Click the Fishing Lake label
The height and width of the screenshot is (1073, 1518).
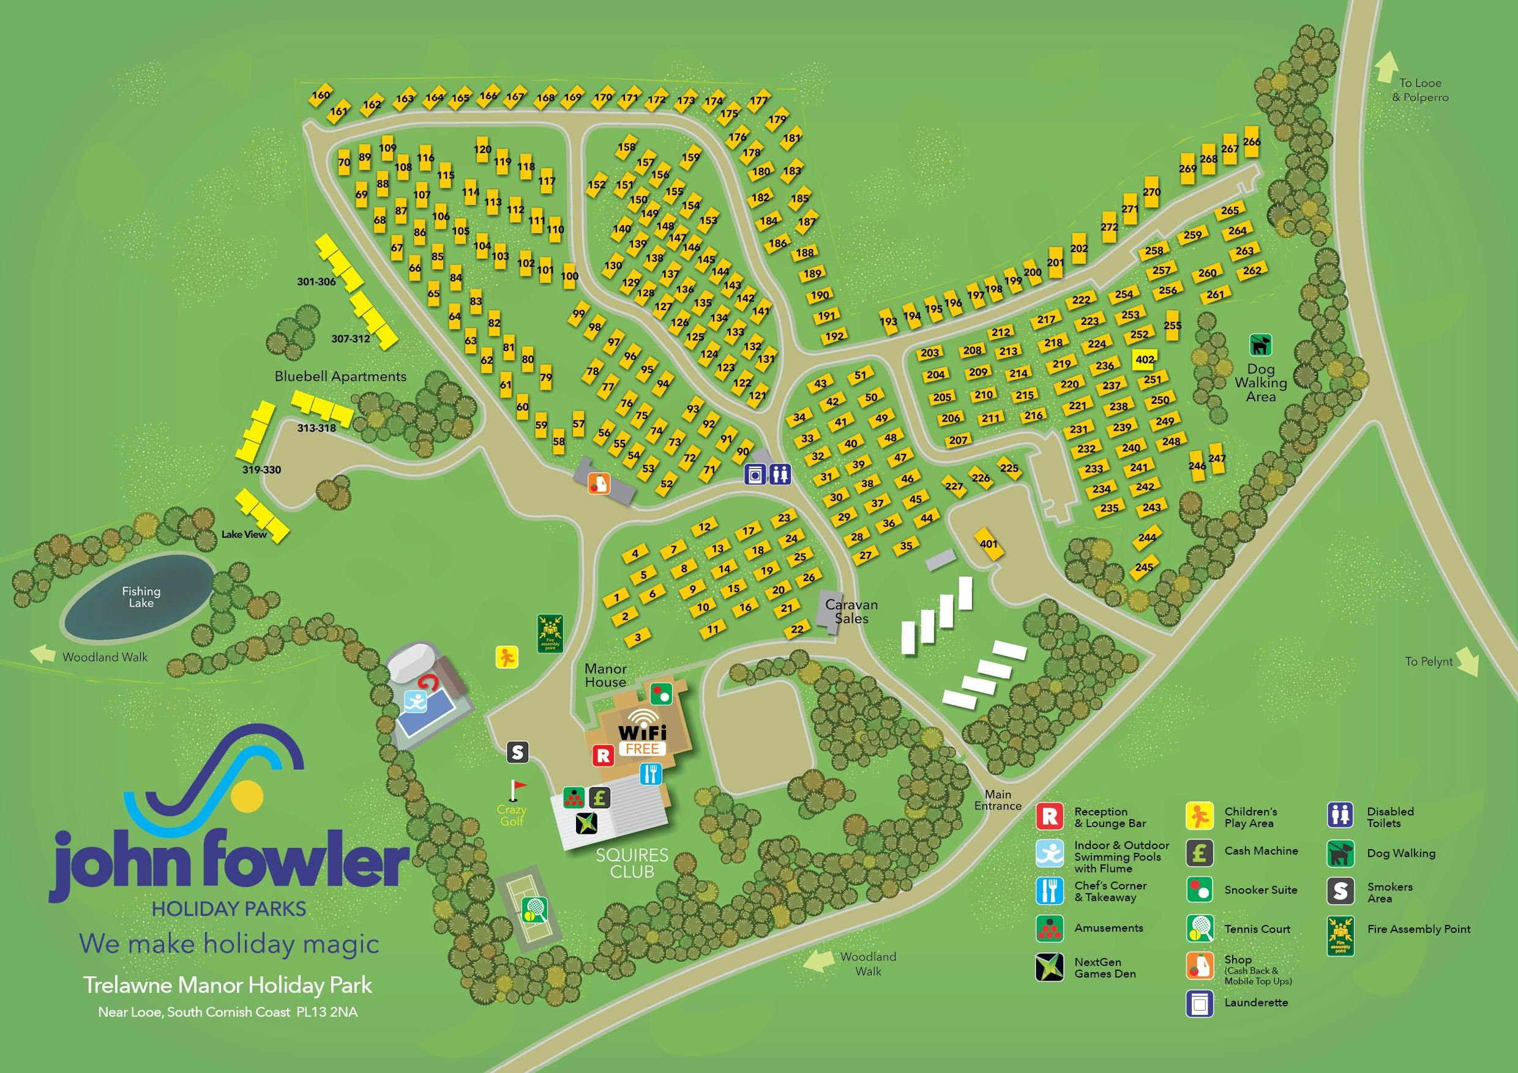(x=141, y=597)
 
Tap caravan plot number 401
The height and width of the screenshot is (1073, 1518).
(x=989, y=544)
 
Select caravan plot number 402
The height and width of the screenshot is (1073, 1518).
(x=1145, y=360)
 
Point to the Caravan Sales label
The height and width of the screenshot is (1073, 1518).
(x=851, y=612)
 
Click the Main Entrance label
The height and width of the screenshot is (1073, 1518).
(x=998, y=800)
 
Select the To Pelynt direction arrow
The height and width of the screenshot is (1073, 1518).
(x=1467, y=667)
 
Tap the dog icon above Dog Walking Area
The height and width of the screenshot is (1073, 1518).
(x=1260, y=345)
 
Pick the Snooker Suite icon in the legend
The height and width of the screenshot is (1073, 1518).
(x=1198, y=890)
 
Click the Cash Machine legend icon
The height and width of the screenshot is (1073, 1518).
(x=1198, y=852)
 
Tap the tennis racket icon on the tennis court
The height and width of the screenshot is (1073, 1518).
(x=534, y=910)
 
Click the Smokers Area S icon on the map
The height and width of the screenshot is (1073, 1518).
(x=518, y=752)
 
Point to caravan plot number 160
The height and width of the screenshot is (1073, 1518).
(x=321, y=96)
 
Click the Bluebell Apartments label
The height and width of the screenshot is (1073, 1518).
(x=340, y=377)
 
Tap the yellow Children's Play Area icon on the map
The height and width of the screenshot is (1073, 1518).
(x=507, y=658)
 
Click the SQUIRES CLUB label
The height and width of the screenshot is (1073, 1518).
(x=632, y=864)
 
